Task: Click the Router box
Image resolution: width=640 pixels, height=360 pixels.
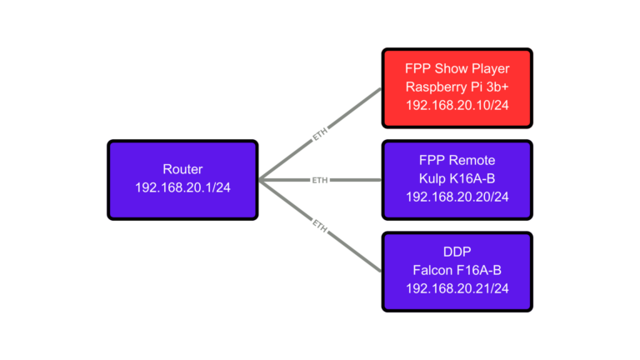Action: click(182, 179)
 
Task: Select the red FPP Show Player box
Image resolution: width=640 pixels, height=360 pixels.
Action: click(457, 87)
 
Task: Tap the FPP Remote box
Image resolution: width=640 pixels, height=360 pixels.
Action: click(457, 179)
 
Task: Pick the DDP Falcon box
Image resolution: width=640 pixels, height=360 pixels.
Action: click(457, 272)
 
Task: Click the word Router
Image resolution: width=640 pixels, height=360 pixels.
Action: click(182, 169)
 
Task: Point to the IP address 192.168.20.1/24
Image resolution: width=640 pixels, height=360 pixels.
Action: click(182, 188)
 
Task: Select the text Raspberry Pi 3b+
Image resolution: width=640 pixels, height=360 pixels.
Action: click(457, 87)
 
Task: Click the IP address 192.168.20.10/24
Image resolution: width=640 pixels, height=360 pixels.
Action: click(457, 106)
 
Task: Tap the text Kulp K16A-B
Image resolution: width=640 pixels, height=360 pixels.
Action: click(457, 179)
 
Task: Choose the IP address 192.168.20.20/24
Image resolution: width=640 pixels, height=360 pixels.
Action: click(457, 197)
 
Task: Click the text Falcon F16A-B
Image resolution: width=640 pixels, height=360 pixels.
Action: click(457, 272)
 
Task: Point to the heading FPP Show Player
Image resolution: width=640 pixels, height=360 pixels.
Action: click(457, 69)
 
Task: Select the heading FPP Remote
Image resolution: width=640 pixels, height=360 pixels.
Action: click(457, 161)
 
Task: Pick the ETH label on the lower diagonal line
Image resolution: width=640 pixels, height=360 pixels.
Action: click(320, 223)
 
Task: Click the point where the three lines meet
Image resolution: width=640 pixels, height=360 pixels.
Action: click(260, 179)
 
